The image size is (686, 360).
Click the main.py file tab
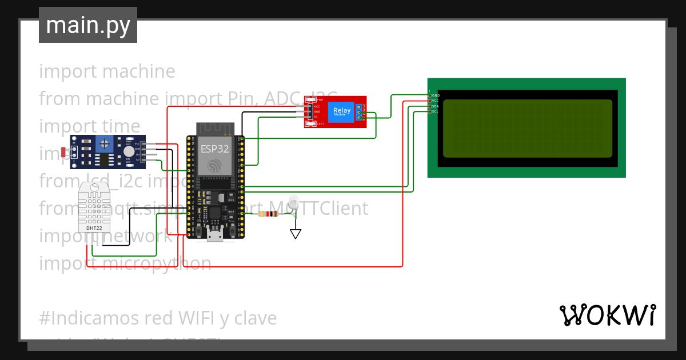(87, 25)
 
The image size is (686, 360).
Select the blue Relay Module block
(342, 111)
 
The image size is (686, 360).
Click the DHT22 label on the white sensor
(94, 228)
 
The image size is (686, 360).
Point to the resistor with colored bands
(268, 214)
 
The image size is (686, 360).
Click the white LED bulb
(294, 201)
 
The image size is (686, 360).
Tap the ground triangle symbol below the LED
(295, 233)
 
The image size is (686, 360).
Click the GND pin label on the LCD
(436, 95)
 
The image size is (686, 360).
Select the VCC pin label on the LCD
(436, 101)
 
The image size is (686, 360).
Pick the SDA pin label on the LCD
(436, 106)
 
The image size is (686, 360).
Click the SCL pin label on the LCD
(436, 111)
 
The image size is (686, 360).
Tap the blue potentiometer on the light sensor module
(104, 143)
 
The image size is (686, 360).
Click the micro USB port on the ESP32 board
(216, 235)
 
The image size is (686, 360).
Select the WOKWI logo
(607, 315)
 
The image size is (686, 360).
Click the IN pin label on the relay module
(316, 117)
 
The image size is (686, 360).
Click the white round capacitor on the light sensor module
(129, 151)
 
